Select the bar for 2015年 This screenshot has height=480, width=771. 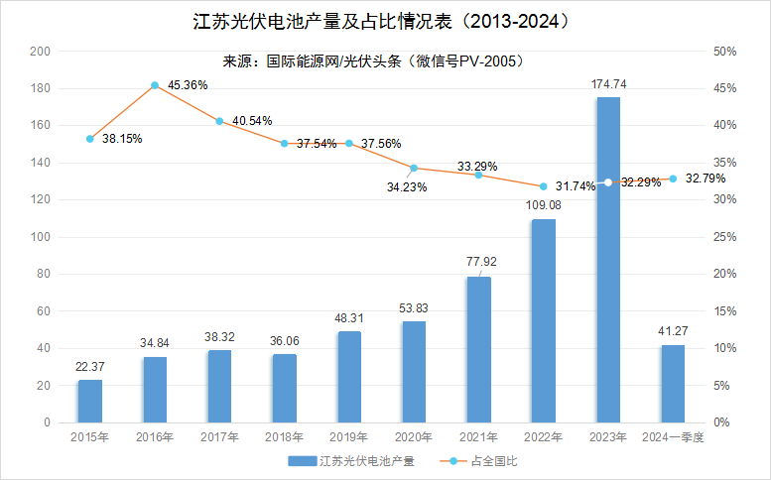point(90,401)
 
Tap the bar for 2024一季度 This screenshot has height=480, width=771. point(673,383)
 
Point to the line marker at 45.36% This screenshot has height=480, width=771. point(155,86)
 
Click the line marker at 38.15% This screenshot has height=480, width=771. point(90,139)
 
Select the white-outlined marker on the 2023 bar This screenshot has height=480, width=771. point(608,181)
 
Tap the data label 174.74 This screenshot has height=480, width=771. point(608,84)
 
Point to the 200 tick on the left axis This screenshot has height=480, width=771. point(41,52)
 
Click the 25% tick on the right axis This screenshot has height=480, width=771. point(724,237)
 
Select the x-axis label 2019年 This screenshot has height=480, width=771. point(349,437)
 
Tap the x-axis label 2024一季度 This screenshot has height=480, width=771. point(673,437)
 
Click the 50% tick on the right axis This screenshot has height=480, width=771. point(724,52)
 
